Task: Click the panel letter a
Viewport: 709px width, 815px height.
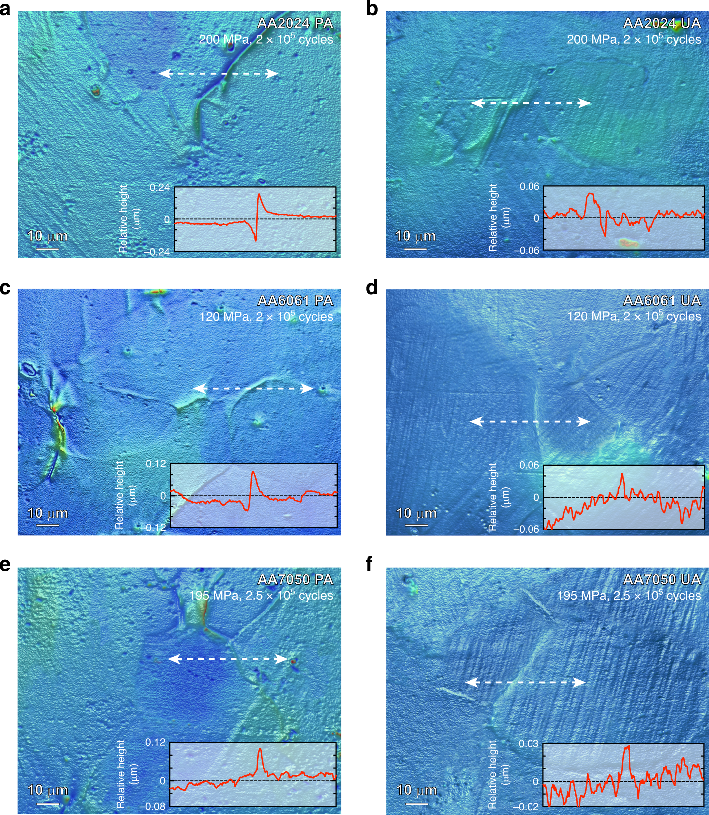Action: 5,9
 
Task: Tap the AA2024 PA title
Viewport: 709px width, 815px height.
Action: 295,23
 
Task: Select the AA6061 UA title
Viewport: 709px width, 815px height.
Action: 662,301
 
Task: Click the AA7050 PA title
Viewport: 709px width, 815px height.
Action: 295,579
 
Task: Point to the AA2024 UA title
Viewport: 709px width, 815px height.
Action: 662,23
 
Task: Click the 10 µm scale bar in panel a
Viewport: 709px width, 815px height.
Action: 48,248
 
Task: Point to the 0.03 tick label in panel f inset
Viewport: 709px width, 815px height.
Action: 529,744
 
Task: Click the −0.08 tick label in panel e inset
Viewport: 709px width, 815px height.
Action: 155,806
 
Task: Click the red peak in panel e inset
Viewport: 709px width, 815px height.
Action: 260,749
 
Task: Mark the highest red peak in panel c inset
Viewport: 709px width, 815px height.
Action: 253,472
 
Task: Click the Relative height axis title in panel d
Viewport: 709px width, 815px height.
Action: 498,497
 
